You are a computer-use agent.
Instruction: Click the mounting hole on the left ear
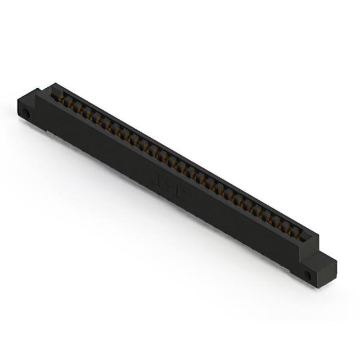click(x=25, y=115)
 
